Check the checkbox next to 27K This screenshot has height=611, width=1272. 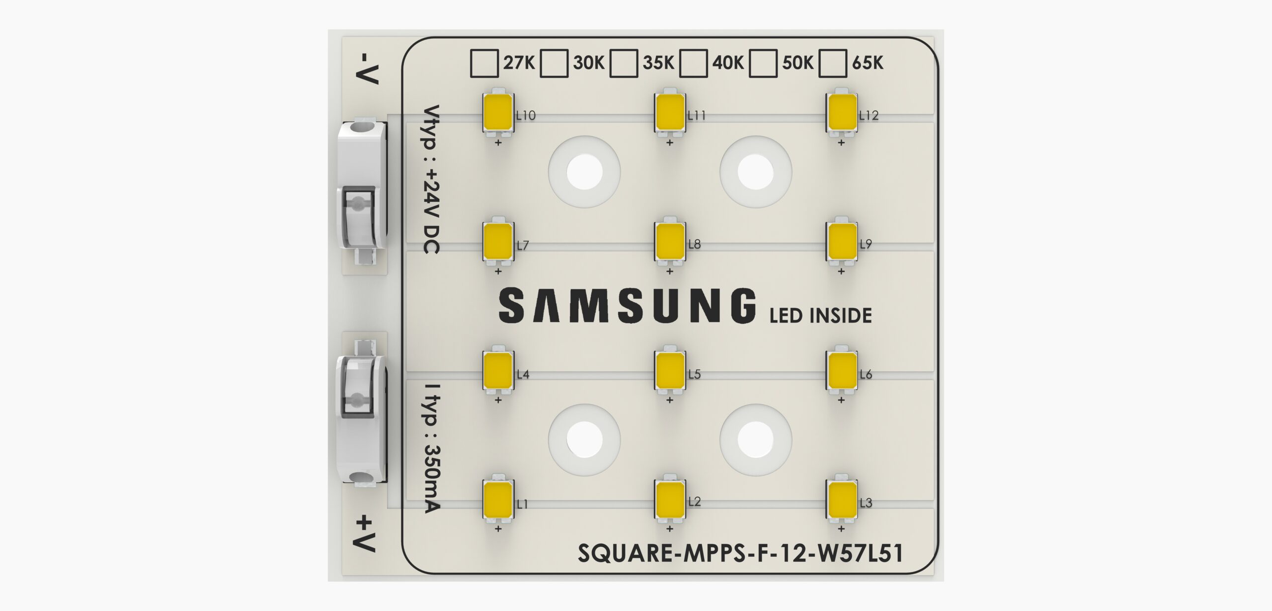(484, 63)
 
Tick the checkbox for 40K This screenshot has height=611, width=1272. (693, 63)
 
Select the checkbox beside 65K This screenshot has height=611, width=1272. (832, 63)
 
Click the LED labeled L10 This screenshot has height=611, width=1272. (498, 112)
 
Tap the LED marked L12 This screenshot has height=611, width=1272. (841, 112)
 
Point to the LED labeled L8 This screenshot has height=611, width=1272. (670, 241)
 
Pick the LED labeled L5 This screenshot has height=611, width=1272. (670, 370)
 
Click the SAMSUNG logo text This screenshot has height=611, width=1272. (627, 305)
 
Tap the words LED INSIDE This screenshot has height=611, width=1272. (820, 316)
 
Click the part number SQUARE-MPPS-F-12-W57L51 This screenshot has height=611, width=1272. (740, 553)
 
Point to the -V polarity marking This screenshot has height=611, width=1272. (368, 68)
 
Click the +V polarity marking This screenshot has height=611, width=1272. (365, 533)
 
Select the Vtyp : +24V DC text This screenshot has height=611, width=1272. (430, 179)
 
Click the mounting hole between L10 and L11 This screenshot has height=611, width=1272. (584, 172)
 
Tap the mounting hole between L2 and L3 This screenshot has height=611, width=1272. (755, 439)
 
